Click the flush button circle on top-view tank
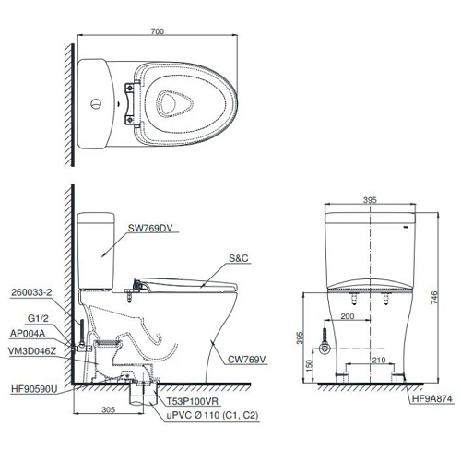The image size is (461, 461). tap(96, 100)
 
